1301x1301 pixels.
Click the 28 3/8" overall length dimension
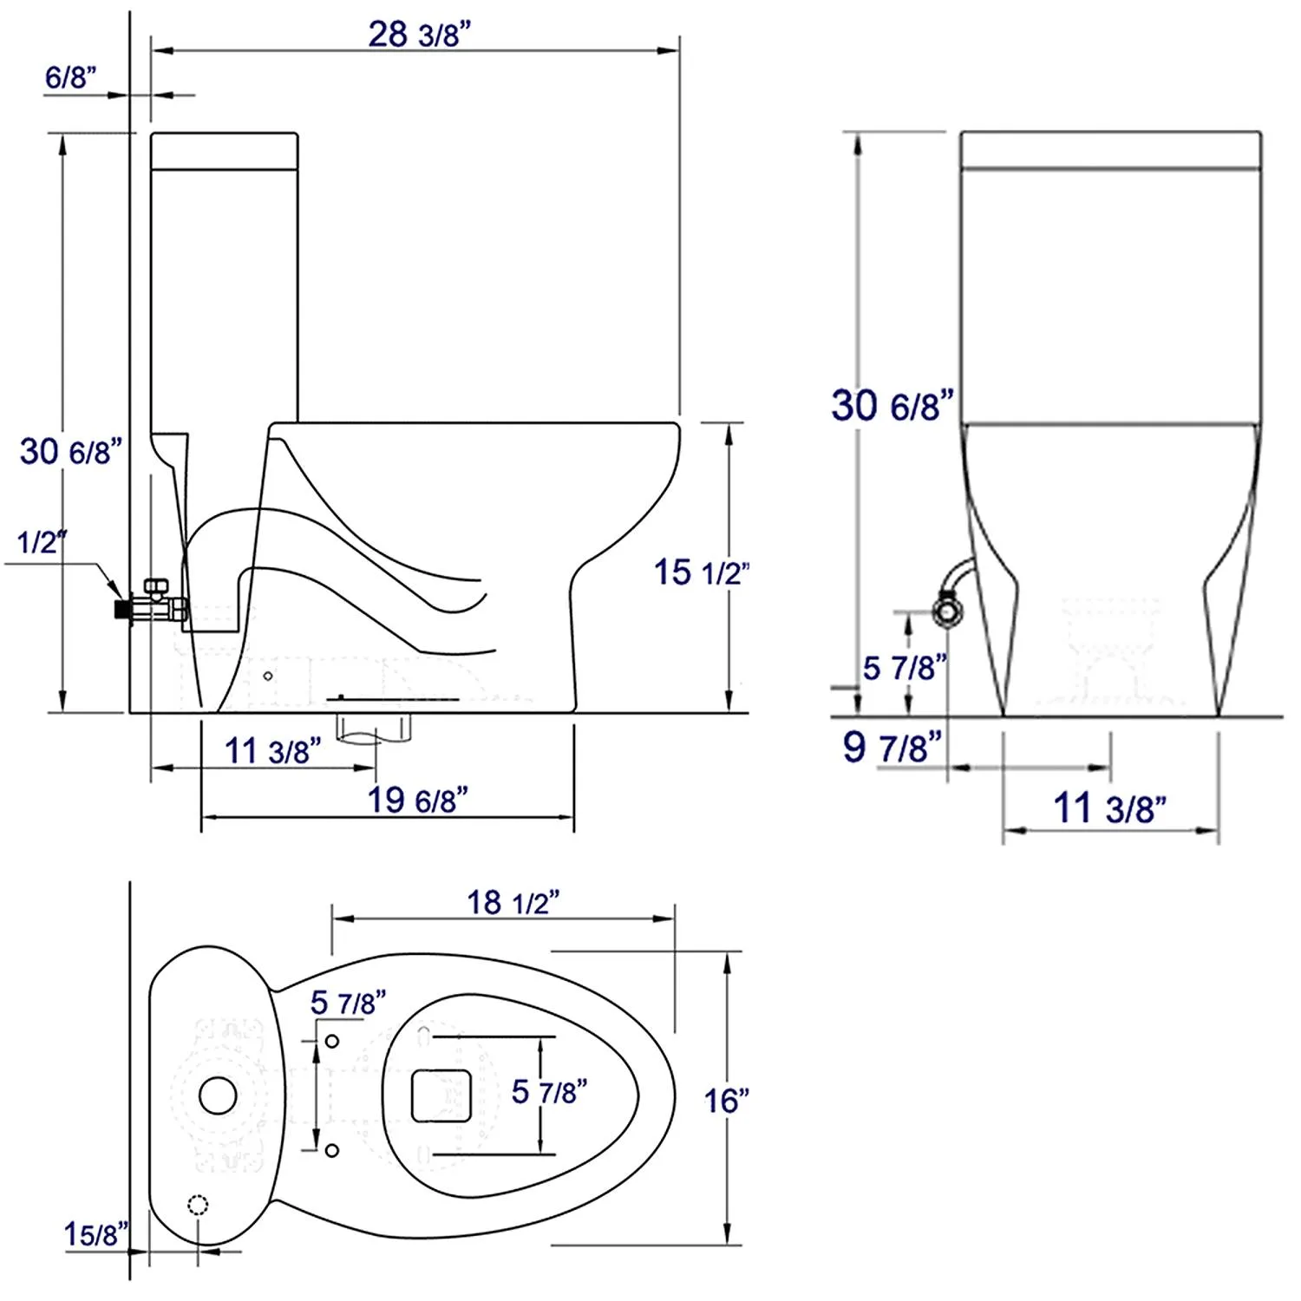(x=419, y=35)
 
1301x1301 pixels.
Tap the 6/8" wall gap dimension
(x=70, y=77)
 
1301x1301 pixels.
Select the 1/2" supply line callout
(x=41, y=543)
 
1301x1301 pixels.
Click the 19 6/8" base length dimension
(x=417, y=800)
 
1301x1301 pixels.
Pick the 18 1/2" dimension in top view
(x=513, y=903)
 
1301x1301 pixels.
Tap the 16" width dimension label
(x=726, y=1101)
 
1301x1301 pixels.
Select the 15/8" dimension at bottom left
(x=95, y=1233)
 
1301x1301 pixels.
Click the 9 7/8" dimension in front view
(x=892, y=747)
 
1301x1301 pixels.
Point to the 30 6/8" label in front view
(x=892, y=406)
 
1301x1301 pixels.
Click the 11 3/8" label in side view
(x=272, y=751)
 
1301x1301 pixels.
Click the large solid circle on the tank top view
(x=218, y=1095)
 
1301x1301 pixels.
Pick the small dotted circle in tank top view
(x=198, y=1205)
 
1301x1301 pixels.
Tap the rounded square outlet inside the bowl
(x=441, y=1095)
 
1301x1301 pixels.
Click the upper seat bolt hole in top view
(x=331, y=1041)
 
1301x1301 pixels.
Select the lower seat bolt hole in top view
(x=331, y=1151)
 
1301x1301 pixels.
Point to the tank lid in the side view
(x=225, y=150)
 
